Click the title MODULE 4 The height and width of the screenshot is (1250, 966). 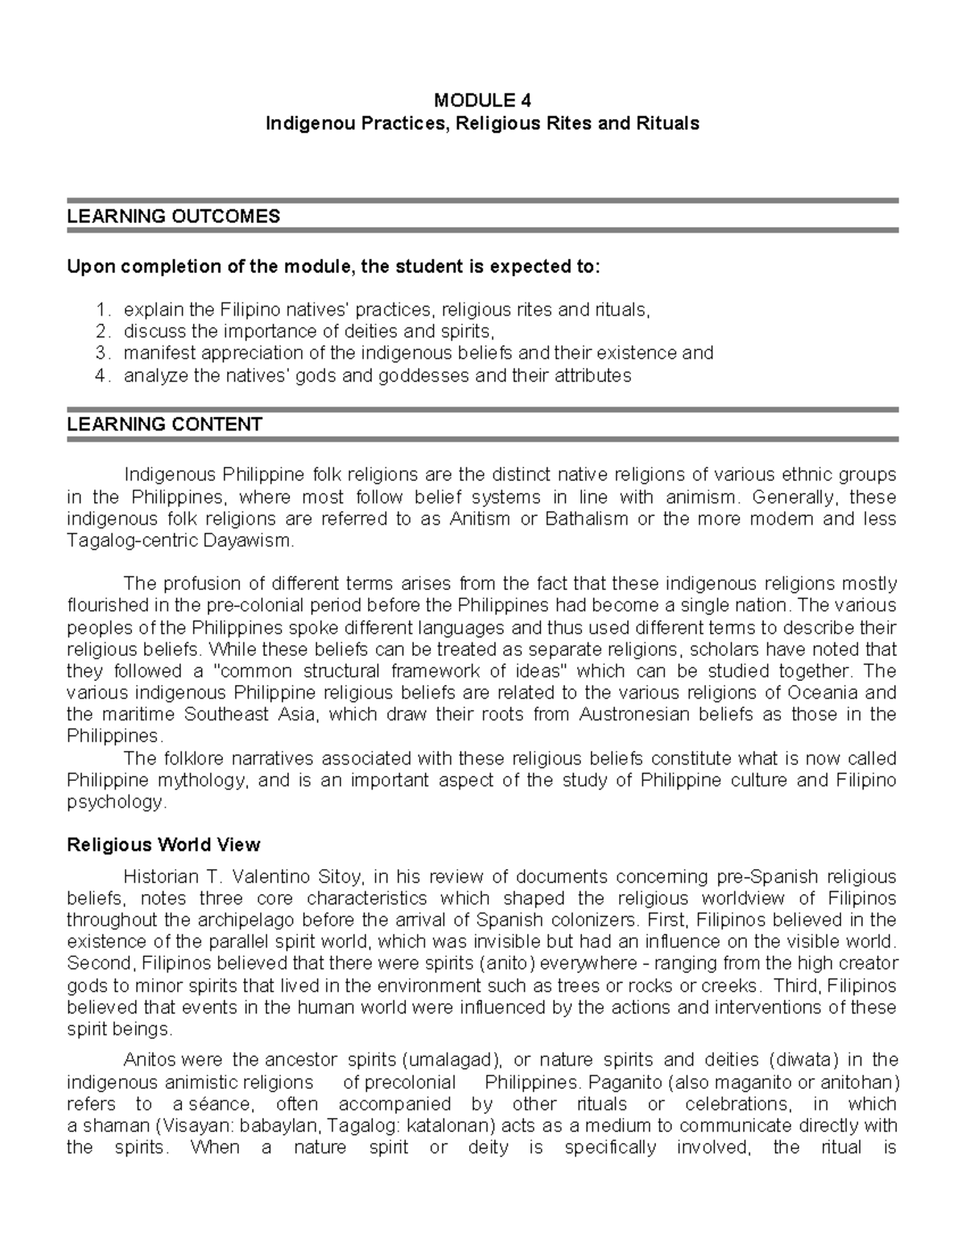tap(482, 101)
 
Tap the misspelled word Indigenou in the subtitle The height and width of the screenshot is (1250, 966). tap(303, 124)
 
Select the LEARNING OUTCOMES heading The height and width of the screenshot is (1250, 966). tap(173, 217)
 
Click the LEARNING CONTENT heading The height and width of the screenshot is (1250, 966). tap(164, 424)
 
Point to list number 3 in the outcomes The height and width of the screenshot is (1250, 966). tap(101, 353)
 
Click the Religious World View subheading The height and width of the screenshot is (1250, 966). tap(163, 845)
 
